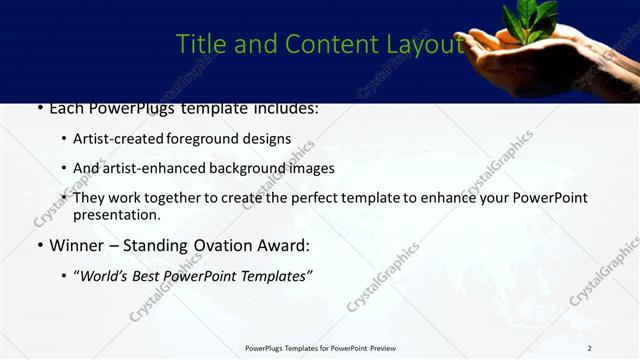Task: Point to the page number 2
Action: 589,348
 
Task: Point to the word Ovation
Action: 221,245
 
